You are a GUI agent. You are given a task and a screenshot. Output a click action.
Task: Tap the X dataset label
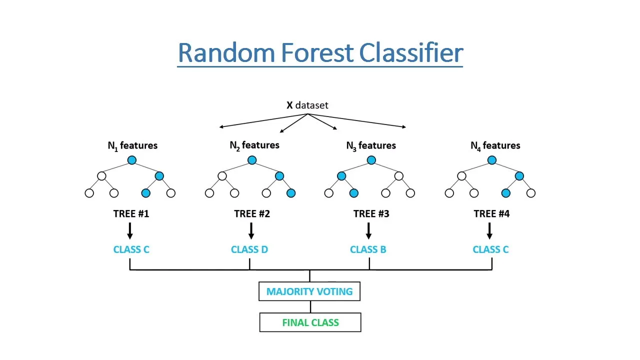pyautogui.click(x=307, y=105)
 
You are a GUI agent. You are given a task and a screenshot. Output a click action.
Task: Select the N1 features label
pyautogui.click(x=132, y=145)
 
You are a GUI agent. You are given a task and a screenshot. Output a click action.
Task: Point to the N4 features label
pyautogui.click(x=495, y=145)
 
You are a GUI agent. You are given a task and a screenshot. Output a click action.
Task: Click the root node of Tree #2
pyautogui.click(x=251, y=160)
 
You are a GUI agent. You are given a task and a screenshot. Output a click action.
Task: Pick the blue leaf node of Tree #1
pyautogui.click(x=145, y=193)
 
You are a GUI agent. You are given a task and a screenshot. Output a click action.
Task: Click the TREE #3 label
pyautogui.click(x=371, y=214)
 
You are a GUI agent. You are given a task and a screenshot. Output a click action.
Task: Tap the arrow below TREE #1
pyautogui.click(x=130, y=230)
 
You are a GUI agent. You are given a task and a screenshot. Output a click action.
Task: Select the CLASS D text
pyautogui.click(x=249, y=249)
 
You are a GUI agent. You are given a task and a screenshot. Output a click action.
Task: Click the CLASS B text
pyautogui.click(x=368, y=249)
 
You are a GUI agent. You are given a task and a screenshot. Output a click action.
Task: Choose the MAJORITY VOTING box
pyautogui.click(x=309, y=291)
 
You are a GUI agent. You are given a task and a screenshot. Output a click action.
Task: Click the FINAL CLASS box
pyautogui.click(x=310, y=322)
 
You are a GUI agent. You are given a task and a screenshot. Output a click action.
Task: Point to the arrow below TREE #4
pyautogui.click(x=489, y=230)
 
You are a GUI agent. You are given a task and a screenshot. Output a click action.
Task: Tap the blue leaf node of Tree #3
pyautogui.click(x=353, y=193)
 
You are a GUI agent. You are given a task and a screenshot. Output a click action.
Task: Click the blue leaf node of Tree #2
pyautogui.click(x=291, y=193)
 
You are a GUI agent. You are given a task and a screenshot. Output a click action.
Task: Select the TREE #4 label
pyautogui.click(x=491, y=214)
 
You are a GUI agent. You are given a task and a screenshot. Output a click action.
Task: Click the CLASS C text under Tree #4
pyautogui.click(x=490, y=249)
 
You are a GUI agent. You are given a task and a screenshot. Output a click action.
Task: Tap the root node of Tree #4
pyautogui.click(x=491, y=160)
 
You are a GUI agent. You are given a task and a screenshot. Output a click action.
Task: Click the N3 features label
pyautogui.click(x=371, y=145)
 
